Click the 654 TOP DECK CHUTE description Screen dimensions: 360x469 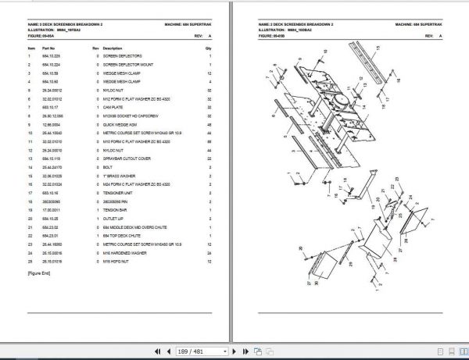123,235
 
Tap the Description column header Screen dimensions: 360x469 113,48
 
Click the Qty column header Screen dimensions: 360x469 209,48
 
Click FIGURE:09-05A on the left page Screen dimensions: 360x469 44,36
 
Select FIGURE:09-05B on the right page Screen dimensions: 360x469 273,36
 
